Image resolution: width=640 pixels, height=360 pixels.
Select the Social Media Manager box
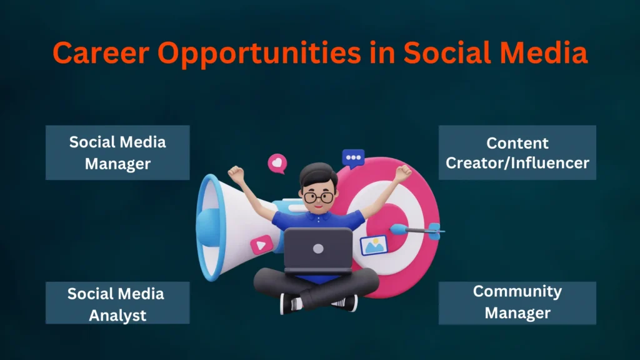117,152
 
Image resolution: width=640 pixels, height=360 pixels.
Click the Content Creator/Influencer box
517,152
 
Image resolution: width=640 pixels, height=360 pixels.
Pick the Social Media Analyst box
117,302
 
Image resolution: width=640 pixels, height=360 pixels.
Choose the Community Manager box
517,302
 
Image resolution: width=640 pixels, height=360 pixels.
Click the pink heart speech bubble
276,164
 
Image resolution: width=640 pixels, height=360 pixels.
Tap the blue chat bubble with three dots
353,158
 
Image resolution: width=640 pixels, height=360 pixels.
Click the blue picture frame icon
374,245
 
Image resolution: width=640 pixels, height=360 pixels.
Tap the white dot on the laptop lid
318,248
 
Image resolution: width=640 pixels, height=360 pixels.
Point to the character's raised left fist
236,173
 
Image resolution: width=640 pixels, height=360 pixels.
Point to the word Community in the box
517,291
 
